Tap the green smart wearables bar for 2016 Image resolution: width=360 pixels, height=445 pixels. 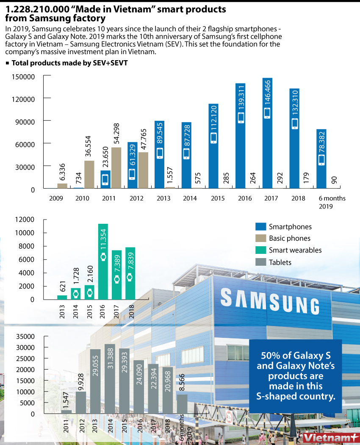coord(103,263)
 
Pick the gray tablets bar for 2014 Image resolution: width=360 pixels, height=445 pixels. coord(110,379)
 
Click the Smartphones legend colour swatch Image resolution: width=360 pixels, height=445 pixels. coord(260,227)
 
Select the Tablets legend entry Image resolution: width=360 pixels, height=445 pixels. coord(280,262)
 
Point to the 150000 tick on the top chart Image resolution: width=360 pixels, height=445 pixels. coord(23,77)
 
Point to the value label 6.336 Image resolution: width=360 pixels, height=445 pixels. coord(62,172)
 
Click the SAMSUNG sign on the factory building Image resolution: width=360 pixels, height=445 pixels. coord(270,300)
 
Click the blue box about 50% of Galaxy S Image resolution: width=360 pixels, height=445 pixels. coord(296,376)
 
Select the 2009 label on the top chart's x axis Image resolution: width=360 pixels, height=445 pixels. coord(56,198)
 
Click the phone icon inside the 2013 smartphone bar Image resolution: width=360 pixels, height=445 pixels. coord(160,153)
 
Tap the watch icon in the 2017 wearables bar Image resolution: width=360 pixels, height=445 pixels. coord(116,279)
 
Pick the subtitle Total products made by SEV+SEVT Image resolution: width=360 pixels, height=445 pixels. coord(69,63)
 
